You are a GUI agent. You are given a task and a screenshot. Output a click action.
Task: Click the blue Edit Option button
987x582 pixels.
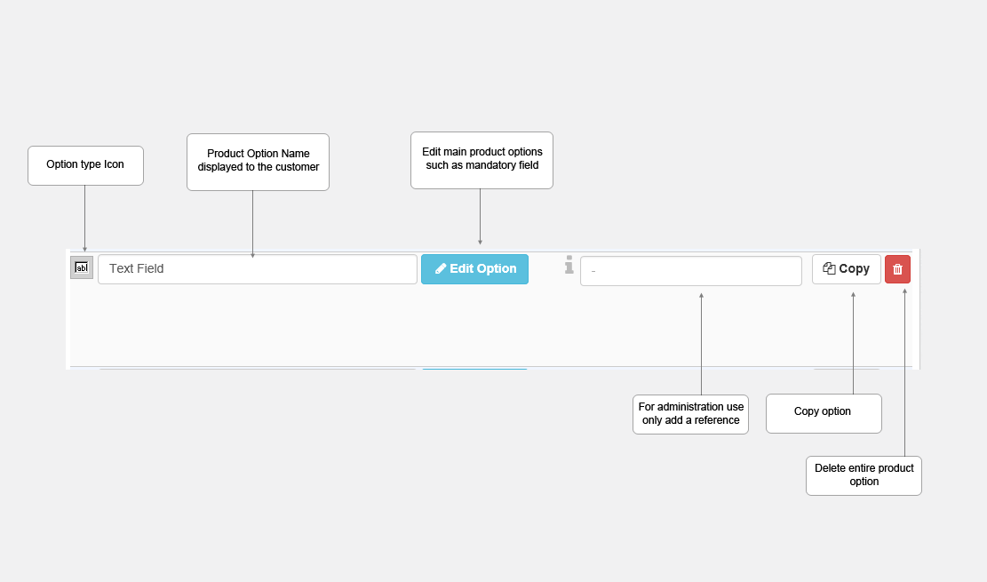point(474,269)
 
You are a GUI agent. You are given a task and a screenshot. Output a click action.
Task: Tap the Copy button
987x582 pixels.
point(846,269)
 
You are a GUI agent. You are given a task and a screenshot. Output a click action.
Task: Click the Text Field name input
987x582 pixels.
point(258,269)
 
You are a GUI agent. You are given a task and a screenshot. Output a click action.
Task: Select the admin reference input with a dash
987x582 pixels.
point(690,271)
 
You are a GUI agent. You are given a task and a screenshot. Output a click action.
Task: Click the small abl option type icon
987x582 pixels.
point(82,267)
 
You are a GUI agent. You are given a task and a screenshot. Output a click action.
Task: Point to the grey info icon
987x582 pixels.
point(569,265)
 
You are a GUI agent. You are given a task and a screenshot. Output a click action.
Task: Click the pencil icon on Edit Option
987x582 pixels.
point(441,269)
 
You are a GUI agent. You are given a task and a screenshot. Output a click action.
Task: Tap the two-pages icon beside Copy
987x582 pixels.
point(829,268)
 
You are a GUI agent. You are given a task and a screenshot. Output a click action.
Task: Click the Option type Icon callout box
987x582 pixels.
point(85,165)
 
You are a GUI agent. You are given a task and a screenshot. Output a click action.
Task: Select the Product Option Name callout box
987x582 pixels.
point(259,162)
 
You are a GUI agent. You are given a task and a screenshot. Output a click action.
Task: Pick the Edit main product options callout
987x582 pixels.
point(482,160)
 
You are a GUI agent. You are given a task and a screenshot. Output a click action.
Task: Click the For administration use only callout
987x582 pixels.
point(690,414)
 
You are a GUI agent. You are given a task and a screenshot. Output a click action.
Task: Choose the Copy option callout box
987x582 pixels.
point(824,413)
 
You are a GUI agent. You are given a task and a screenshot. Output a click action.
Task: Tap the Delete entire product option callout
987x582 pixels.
point(864,475)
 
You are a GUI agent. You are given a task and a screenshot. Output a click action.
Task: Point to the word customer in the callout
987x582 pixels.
point(297,167)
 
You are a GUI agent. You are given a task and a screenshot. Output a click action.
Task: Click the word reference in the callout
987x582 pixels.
point(717,420)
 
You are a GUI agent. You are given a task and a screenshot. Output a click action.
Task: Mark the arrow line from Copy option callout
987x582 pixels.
point(853,343)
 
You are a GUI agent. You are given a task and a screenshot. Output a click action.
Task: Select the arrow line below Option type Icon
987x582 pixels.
point(85,219)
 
